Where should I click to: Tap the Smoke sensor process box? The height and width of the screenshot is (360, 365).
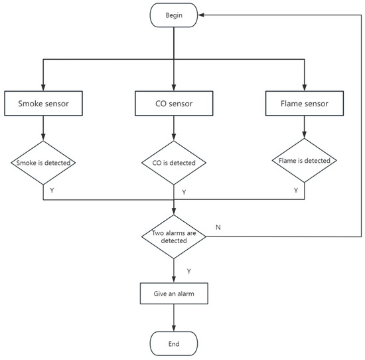pos(43,104)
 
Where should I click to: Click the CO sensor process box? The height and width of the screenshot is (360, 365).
pos(173,104)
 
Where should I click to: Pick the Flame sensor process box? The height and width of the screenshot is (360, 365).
pos(305,104)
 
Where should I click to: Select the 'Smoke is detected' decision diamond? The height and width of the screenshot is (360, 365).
pos(43,163)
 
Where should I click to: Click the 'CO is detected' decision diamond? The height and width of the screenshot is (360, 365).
pos(173,163)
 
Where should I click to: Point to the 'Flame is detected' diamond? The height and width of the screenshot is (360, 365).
pos(305,160)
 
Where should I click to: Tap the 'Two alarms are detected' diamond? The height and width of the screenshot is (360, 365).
pos(173,236)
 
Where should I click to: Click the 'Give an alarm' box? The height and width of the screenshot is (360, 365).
pos(173,292)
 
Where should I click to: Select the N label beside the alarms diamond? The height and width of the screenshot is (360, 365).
pos(218,226)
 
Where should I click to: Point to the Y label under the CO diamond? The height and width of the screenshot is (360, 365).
pos(184,192)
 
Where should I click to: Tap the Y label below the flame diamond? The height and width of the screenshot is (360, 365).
pos(296,190)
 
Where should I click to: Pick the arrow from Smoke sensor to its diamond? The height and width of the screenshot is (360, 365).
pos(43,128)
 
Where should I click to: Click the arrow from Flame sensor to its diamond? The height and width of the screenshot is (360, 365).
pos(305,126)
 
